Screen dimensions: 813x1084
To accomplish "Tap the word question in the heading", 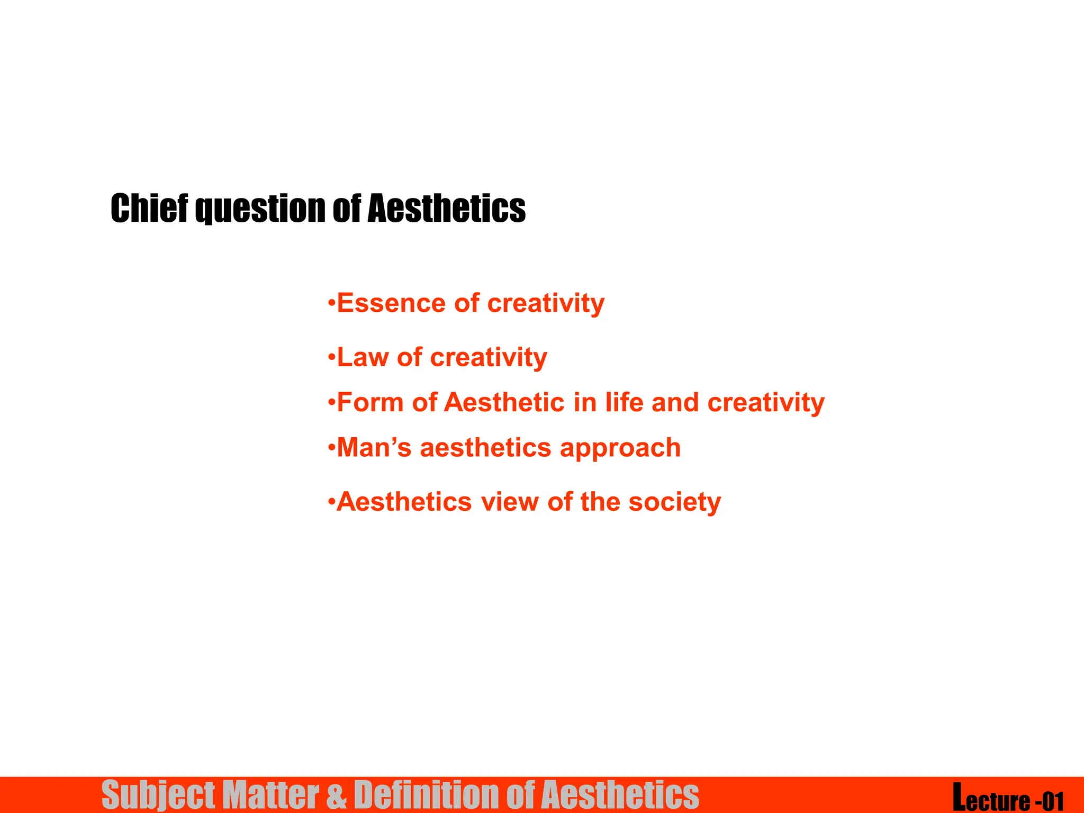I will (259, 209).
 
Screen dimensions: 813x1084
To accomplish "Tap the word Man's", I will (374, 448).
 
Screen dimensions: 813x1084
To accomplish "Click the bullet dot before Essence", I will (331, 303).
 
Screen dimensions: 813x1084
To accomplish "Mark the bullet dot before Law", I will (331, 357).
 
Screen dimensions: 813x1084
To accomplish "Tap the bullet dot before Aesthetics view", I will (331, 502).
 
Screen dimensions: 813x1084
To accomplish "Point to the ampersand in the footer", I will (337, 795).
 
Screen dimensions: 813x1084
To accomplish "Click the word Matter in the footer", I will (270, 795).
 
